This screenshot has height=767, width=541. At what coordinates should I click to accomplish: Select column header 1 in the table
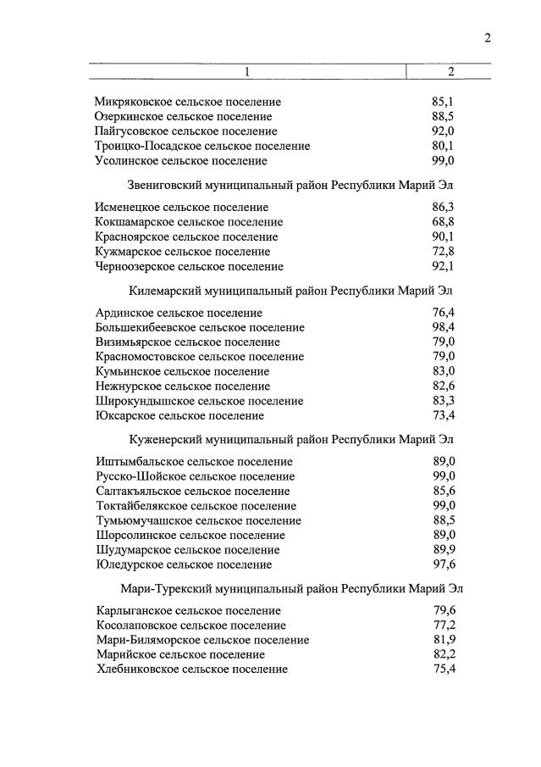pos(247,71)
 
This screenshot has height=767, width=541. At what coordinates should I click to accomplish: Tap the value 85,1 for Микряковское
pos(443,102)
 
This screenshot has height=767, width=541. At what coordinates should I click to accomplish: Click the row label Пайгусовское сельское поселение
pos(185,131)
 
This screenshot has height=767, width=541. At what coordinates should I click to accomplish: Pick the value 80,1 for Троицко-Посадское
pos(443,146)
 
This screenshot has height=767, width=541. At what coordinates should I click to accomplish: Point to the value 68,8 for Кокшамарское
pos(443,222)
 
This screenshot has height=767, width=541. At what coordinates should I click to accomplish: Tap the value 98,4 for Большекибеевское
pos(443,328)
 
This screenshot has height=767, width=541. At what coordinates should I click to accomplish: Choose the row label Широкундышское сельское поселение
pos(199,401)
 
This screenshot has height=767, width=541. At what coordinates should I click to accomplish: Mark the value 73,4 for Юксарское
pos(443,415)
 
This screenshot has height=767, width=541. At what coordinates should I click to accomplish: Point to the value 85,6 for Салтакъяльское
pos(443,491)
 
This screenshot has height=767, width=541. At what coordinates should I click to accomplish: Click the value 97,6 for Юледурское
pos(443,564)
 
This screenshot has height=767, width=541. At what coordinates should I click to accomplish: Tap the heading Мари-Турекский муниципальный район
pos(290,587)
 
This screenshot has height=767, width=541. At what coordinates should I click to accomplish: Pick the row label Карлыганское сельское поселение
pos(187,610)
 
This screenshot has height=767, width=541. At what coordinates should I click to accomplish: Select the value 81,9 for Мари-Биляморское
pos(443,640)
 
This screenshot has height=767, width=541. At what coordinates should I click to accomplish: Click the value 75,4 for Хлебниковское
pos(443,669)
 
